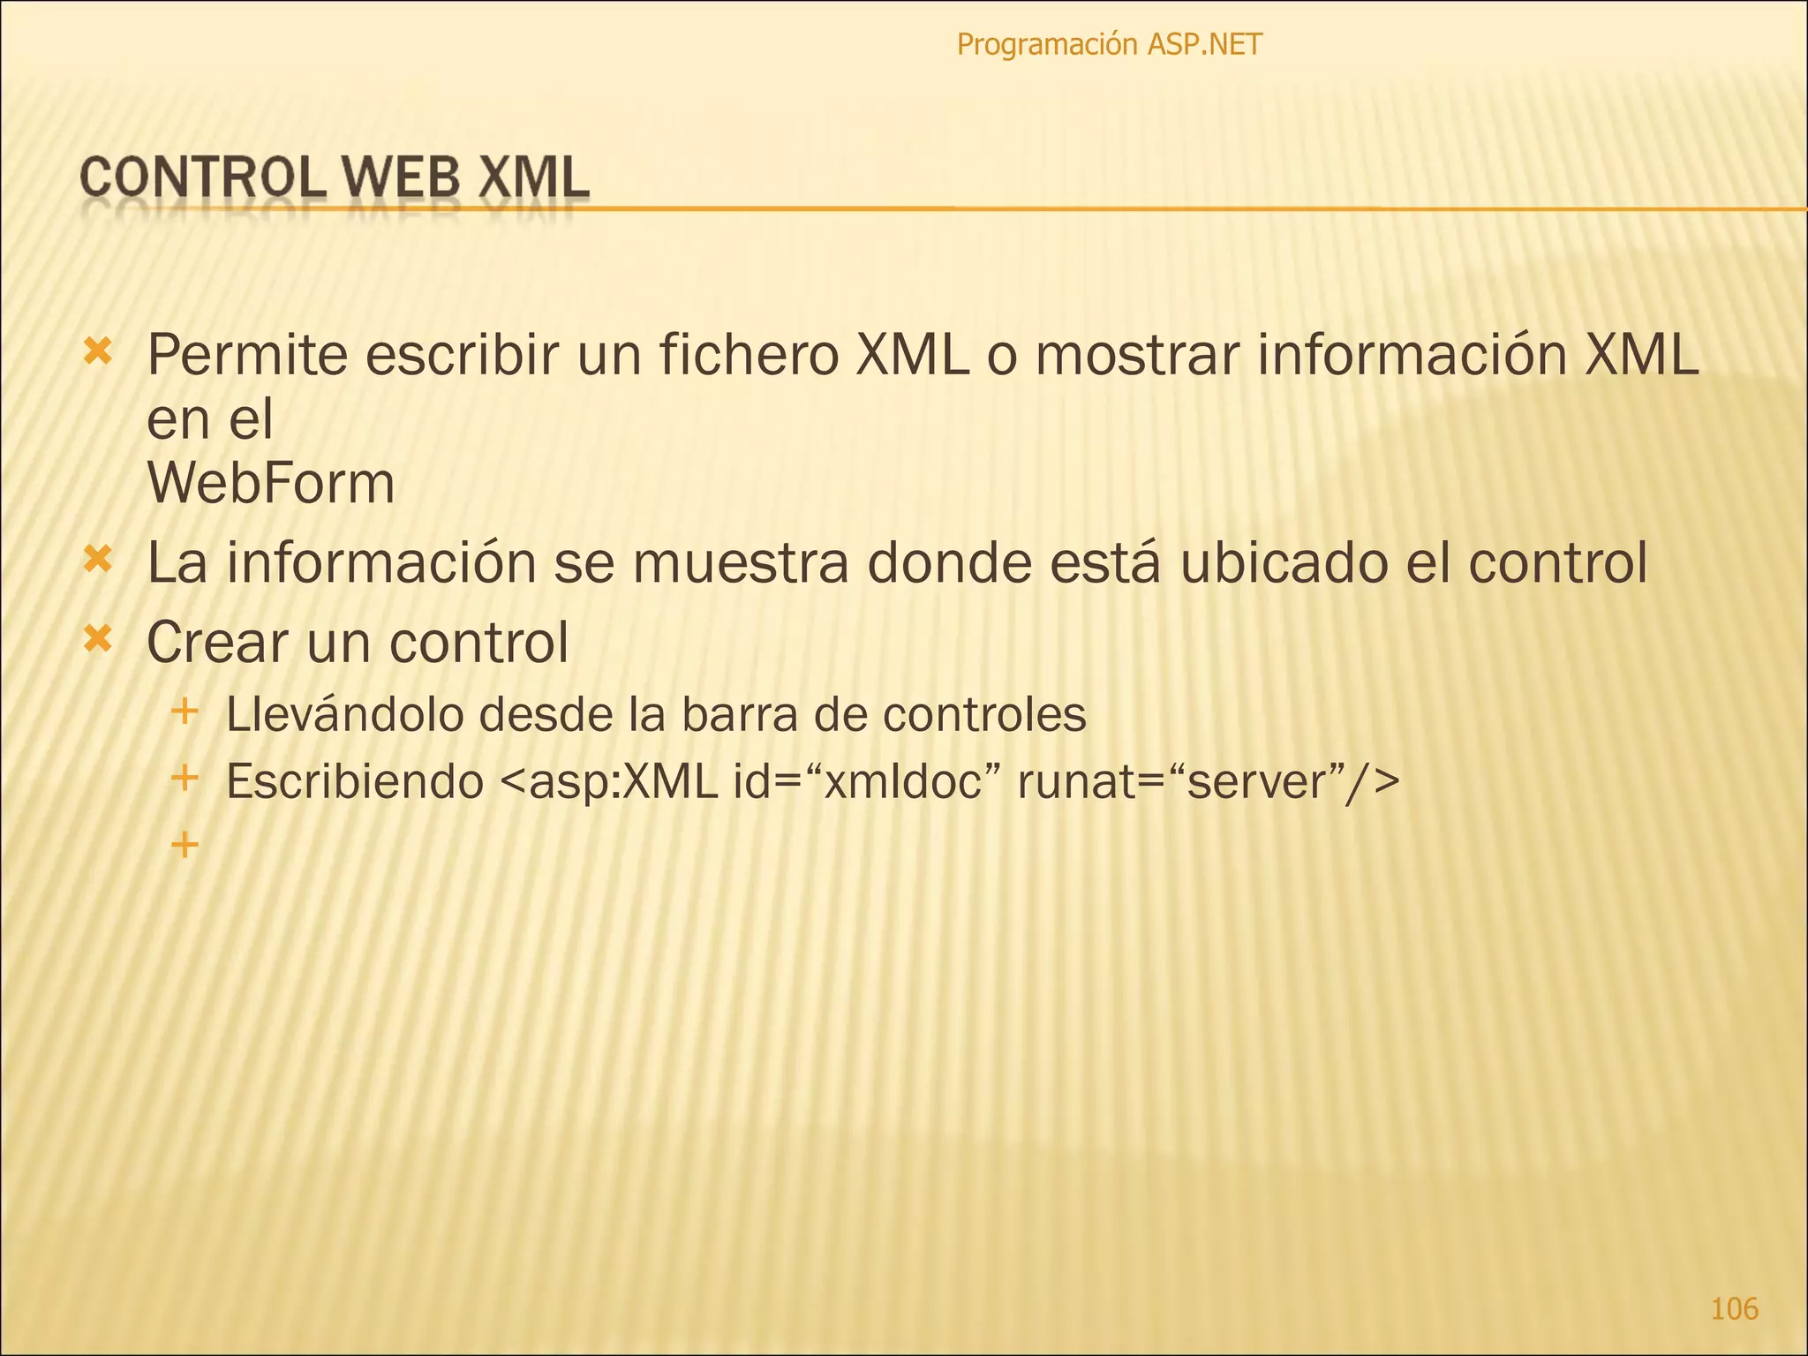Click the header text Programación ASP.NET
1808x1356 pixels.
coord(1109,44)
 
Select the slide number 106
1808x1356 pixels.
coord(1734,1307)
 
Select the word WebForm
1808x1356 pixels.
coord(271,484)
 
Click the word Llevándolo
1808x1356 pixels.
coord(344,714)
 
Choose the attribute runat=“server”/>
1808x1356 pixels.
coord(1208,781)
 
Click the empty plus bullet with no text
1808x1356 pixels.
coord(185,846)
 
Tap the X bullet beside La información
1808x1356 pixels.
coord(98,559)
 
